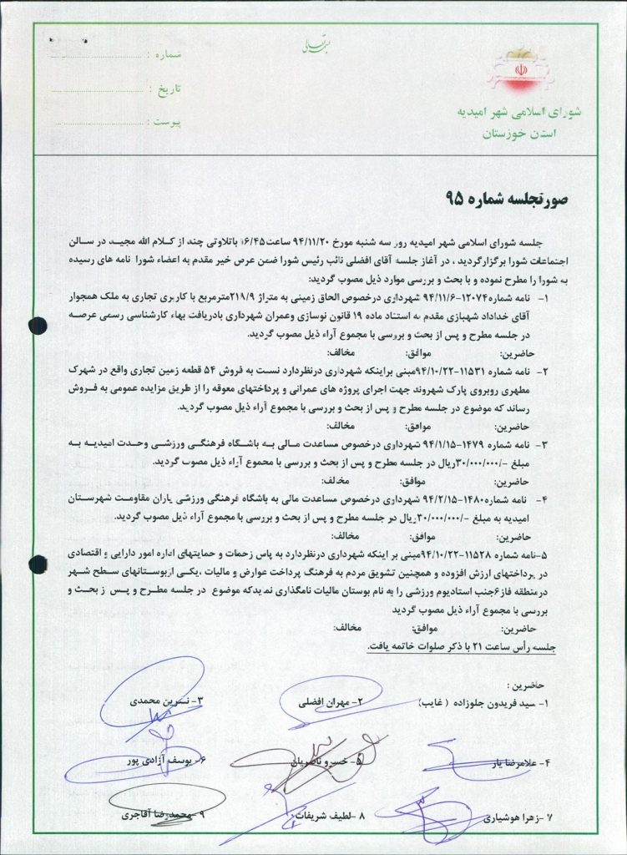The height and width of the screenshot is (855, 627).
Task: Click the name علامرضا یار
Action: click(506, 762)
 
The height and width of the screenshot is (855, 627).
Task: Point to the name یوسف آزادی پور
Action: click(168, 761)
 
